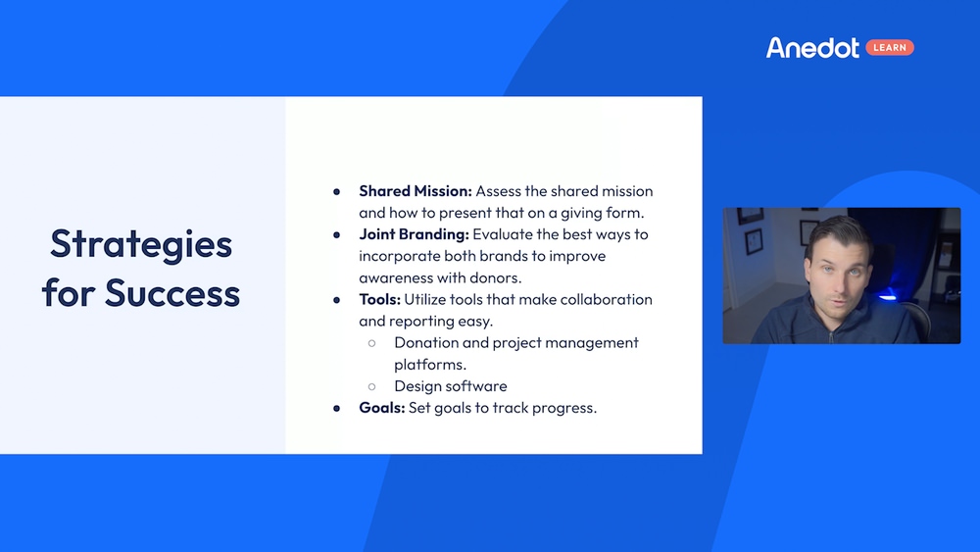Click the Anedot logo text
coord(812,48)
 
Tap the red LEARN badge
coord(890,48)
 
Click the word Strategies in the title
coord(141,243)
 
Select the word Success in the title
coord(172,292)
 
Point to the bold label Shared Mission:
coord(415,191)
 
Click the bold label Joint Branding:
coord(414,234)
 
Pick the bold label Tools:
coord(381,299)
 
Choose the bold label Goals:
coord(381,407)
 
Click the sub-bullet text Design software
coord(450,385)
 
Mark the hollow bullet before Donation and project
coord(372,343)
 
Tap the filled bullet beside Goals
coord(337,408)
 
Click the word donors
coord(494,277)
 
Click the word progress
coord(564,407)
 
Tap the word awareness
coord(398,277)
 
